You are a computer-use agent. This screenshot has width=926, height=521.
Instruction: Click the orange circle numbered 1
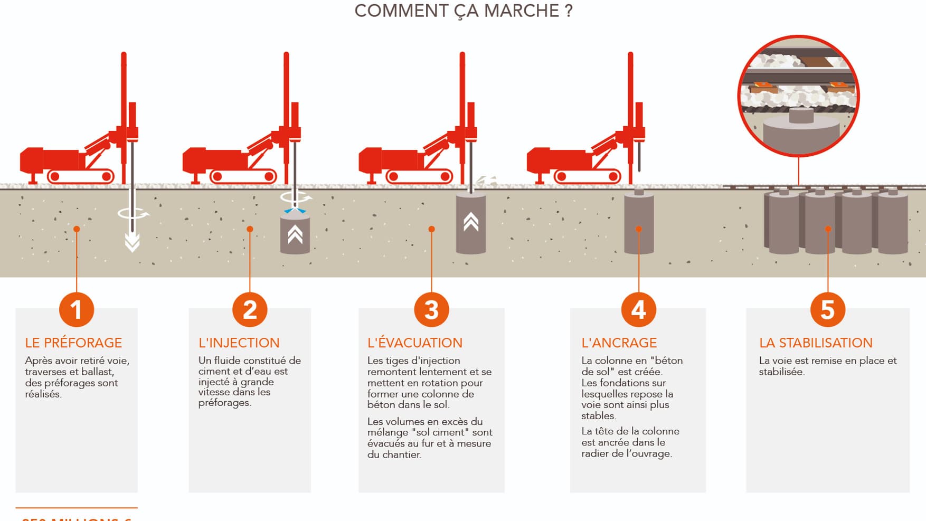click(77, 309)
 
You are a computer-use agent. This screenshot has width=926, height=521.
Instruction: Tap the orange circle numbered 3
click(431, 309)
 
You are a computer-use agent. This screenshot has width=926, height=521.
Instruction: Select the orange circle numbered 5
click(827, 309)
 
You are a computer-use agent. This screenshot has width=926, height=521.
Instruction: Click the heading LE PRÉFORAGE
click(73, 343)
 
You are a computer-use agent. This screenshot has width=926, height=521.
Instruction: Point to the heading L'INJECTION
click(239, 343)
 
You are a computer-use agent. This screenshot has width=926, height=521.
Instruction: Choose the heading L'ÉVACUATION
click(414, 343)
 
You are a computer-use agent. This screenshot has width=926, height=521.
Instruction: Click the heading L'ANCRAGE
click(619, 343)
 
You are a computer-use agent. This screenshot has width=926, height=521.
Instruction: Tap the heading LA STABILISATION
click(816, 343)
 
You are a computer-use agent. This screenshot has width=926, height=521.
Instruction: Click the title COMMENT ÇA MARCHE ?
click(463, 11)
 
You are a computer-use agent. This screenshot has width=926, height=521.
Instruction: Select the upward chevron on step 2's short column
click(295, 234)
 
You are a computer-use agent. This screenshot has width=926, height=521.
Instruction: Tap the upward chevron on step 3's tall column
click(471, 222)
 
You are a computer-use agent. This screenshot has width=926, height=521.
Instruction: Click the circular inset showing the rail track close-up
click(798, 96)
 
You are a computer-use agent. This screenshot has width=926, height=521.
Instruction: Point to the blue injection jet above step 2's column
click(295, 211)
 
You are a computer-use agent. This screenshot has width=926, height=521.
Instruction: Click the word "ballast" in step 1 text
click(97, 372)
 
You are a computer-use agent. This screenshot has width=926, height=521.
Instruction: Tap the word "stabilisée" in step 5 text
click(781, 372)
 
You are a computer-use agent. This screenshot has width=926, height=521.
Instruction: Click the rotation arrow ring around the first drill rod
click(133, 213)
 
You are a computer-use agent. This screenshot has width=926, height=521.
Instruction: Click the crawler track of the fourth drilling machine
click(587, 176)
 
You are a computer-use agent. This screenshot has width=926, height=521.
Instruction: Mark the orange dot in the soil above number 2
click(250, 229)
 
